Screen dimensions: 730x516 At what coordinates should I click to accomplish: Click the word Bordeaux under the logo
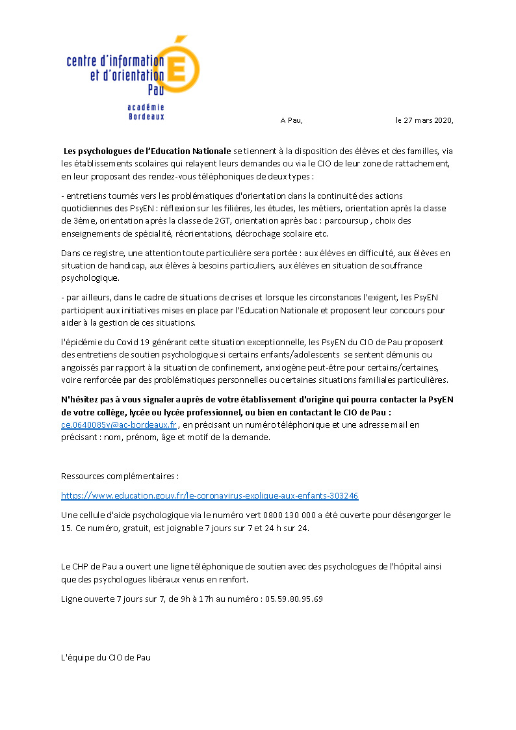pos(146,117)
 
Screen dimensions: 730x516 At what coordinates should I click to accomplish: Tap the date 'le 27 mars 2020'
pos(424,120)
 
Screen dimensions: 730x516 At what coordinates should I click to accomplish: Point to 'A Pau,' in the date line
pos(291,120)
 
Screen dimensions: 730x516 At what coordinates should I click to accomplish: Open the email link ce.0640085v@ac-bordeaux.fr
pos(119,424)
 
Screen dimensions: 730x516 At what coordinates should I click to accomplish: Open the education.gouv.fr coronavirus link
pos(209,495)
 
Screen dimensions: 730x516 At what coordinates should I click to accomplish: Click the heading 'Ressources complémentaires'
pos(118,476)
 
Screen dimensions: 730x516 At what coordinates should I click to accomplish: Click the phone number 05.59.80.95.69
pos(294,599)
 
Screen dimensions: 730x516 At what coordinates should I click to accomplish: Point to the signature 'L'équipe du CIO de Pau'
pos(105,657)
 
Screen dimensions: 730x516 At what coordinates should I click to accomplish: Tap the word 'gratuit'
pos(142,528)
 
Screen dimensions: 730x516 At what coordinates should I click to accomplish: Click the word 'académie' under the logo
pos(146,107)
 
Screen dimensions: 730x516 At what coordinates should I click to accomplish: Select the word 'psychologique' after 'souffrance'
pos(88,278)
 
